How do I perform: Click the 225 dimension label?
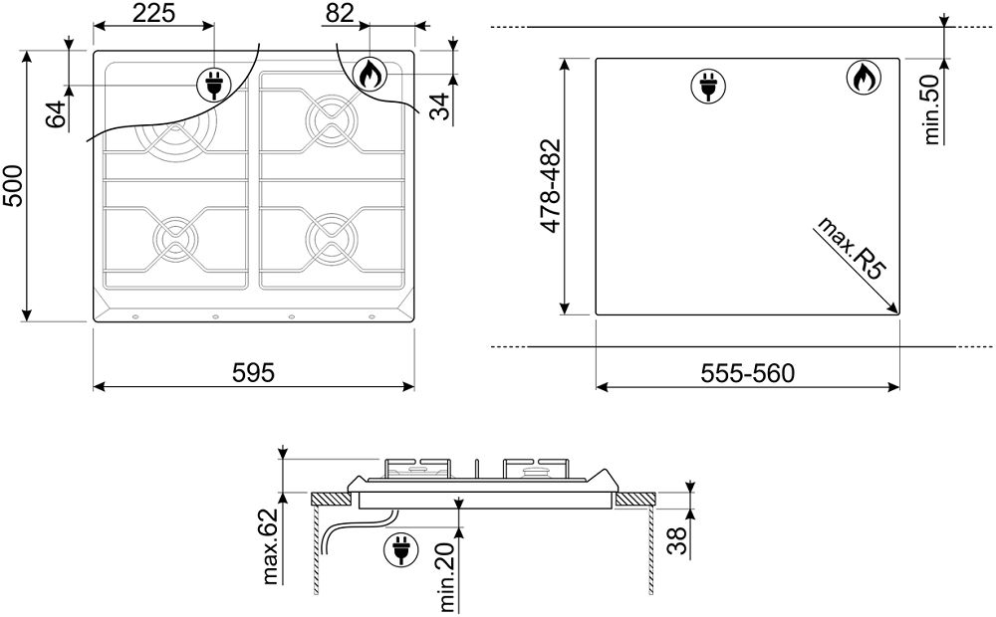click(153, 13)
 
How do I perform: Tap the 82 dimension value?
click(339, 13)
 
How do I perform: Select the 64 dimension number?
click(56, 114)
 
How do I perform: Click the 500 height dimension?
click(12, 185)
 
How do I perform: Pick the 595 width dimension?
click(253, 372)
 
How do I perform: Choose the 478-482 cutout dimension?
click(550, 185)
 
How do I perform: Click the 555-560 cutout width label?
click(748, 373)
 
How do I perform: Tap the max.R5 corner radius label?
click(852, 248)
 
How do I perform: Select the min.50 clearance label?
click(931, 109)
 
